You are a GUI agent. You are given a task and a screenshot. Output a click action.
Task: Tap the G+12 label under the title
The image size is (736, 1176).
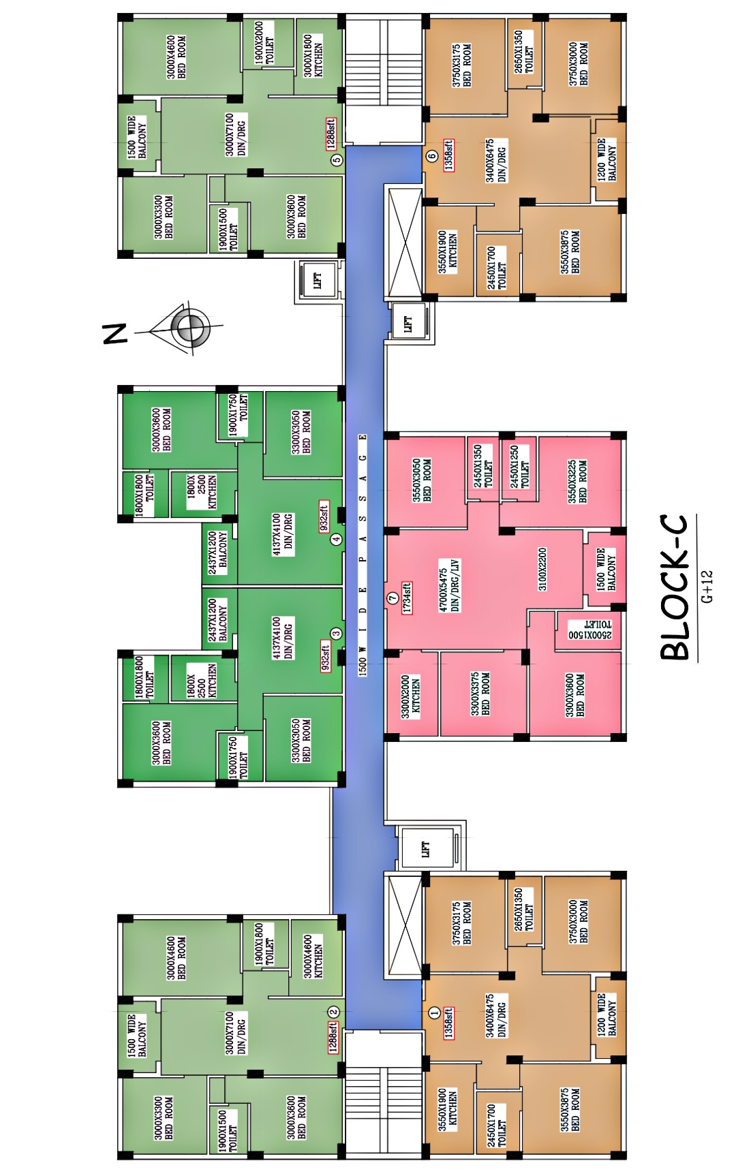point(707,587)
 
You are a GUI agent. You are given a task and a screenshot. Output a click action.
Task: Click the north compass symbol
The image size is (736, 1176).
point(190,328)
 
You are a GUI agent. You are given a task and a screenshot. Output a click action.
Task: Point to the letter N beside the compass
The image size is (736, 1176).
point(114,333)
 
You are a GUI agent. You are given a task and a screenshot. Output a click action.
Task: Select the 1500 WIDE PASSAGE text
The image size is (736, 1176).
point(363,555)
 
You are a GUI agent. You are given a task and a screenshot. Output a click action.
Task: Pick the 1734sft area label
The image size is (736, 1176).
point(407,598)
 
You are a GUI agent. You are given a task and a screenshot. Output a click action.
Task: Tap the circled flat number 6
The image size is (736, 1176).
point(431,156)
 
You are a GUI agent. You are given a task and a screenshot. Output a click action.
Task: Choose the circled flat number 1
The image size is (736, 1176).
point(434,1012)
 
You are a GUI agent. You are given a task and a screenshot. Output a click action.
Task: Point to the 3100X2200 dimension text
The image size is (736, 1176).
point(542,569)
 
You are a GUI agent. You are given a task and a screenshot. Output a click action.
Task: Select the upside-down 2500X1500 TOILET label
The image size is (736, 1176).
point(590,630)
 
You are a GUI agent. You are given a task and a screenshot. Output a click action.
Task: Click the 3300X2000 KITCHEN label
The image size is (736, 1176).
point(411,696)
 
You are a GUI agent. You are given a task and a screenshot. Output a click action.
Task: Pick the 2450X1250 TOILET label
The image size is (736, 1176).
point(520,467)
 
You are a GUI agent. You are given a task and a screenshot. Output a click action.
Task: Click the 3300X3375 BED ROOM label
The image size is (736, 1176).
point(480,694)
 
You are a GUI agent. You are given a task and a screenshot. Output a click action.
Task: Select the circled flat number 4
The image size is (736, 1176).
point(336,540)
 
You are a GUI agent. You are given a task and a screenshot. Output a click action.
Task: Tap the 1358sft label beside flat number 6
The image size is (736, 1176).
point(449,156)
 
